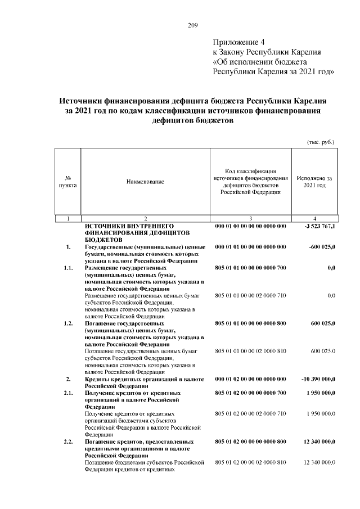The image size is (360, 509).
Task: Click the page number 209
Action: click(x=192, y=24)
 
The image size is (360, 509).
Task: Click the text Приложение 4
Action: click(x=238, y=42)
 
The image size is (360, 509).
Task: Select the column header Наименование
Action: click(x=145, y=182)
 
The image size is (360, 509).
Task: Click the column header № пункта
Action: click(x=67, y=182)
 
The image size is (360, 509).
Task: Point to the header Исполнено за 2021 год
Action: click(x=314, y=182)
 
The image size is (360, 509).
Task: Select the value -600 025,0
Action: click(x=322, y=247)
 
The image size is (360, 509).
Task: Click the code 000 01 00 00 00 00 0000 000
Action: click(x=250, y=226)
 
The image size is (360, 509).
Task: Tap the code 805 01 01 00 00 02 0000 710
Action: click(x=250, y=295)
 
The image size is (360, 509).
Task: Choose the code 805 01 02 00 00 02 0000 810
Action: click(x=250, y=462)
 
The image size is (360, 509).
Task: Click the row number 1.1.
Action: click(x=68, y=268)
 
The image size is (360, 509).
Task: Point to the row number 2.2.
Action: click(x=68, y=442)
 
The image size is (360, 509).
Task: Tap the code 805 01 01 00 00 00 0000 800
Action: click(x=250, y=323)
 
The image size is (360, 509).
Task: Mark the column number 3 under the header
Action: click(x=250, y=218)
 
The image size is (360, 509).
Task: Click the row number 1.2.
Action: click(x=68, y=323)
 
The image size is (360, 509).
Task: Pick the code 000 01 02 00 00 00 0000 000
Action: click(x=250, y=379)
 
